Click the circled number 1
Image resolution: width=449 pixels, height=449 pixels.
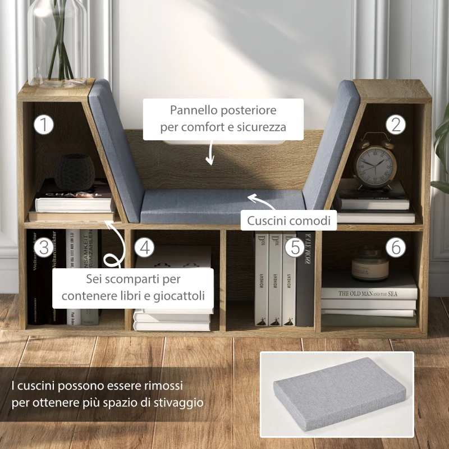(43, 125)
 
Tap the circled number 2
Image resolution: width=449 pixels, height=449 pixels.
(396, 125)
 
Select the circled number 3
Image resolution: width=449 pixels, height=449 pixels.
(43, 247)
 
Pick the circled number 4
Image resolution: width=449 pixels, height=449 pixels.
(144, 248)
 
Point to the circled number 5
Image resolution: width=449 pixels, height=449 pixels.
(294, 246)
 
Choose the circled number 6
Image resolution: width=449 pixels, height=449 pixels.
(396, 246)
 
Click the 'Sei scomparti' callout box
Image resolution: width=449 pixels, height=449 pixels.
(134, 287)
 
